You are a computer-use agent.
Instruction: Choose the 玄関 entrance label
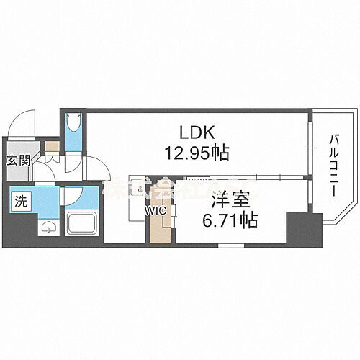pyautogui.click(x=19, y=160)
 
